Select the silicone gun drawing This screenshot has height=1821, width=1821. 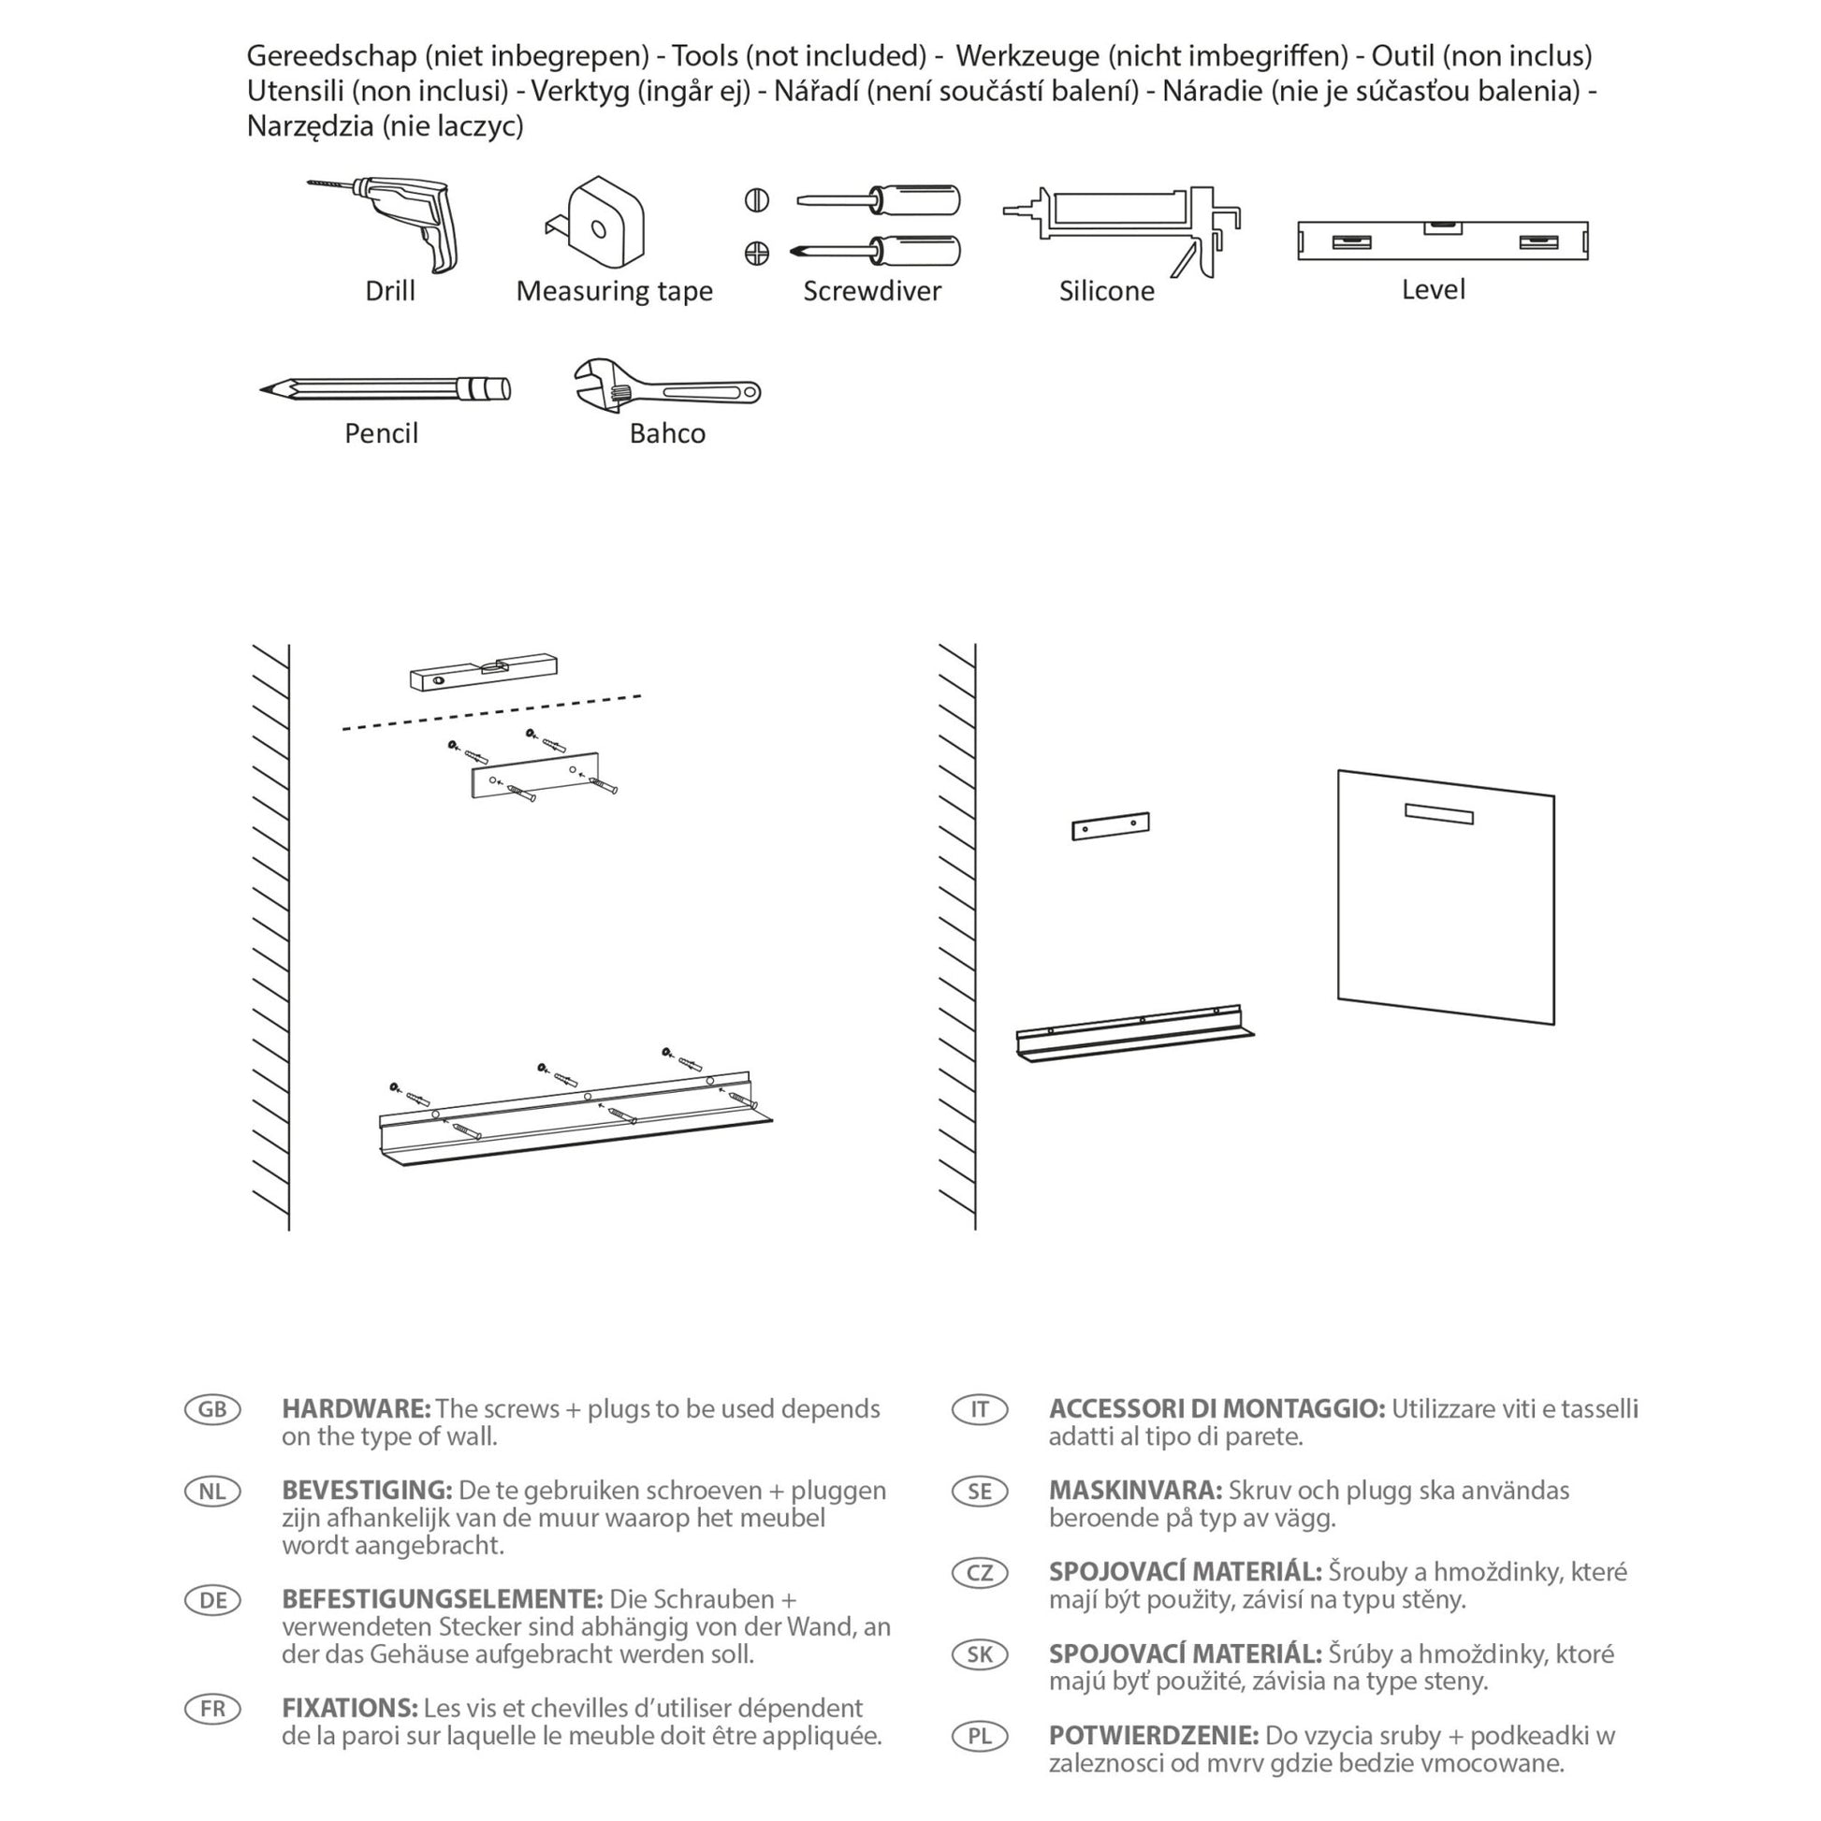point(1122,226)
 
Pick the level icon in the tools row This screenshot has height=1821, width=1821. point(1442,241)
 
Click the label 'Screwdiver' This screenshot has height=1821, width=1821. point(872,291)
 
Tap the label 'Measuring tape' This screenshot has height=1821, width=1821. point(614,291)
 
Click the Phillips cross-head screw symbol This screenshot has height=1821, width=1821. point(757,253)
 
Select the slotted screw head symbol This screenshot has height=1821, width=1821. point(757,200)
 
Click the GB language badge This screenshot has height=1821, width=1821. point(213,1409)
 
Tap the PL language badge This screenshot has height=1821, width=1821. point(981,1735)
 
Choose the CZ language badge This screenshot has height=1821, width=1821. point(981,1572)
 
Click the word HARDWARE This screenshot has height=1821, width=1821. point(356,1409)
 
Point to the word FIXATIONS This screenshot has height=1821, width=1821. point(349,1708)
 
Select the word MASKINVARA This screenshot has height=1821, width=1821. point(1135,1490)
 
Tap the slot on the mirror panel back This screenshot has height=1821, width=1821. point(1438,813)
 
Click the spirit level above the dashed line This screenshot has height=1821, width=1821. point(483,671)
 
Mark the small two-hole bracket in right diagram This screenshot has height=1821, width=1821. point(1111,826)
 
